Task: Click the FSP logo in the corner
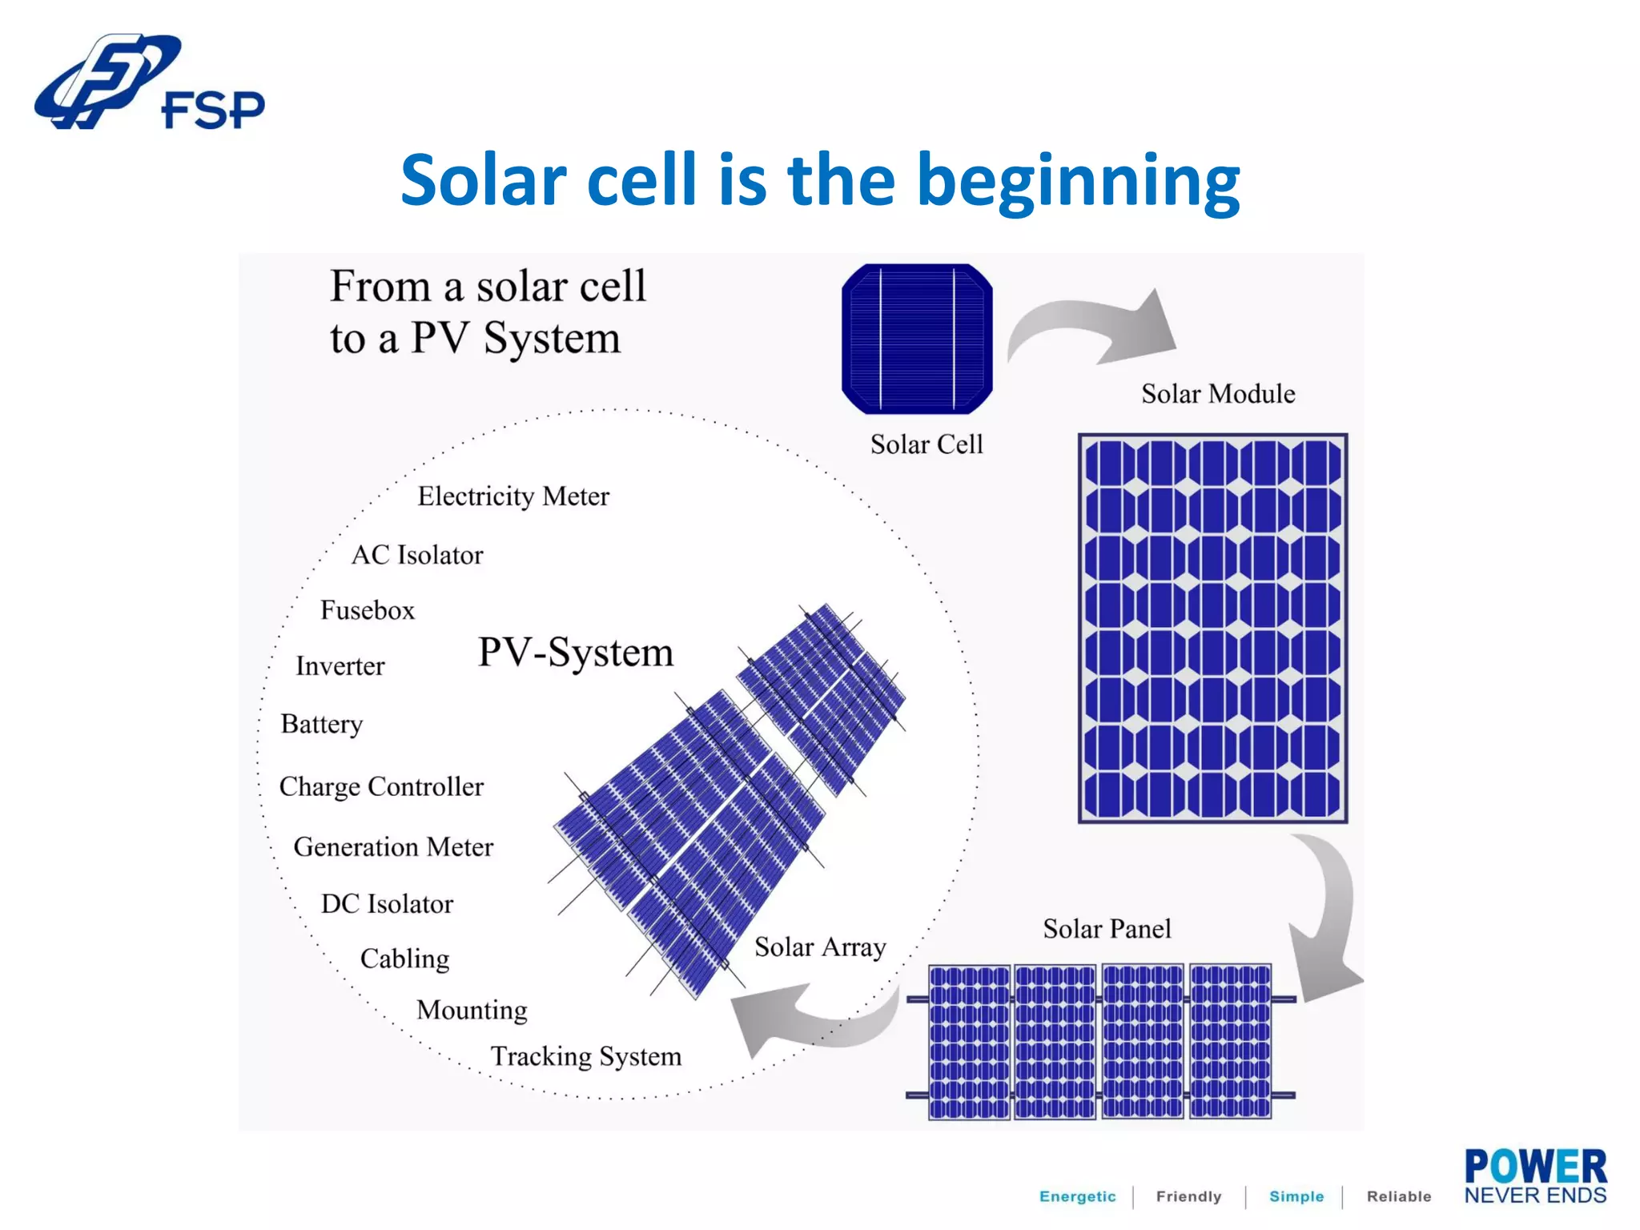148,82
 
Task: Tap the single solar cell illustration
917,339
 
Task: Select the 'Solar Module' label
1217,394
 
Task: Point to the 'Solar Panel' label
1107,929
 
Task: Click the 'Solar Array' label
820,947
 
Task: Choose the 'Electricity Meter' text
513,496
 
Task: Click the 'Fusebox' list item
368,610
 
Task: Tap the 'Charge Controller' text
381,786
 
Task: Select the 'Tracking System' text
585,1056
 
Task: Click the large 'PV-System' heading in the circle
576,652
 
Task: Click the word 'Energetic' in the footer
1077,1196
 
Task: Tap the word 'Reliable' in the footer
1398,1196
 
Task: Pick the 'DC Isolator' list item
387,904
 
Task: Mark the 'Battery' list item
322,724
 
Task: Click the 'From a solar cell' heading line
488,287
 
